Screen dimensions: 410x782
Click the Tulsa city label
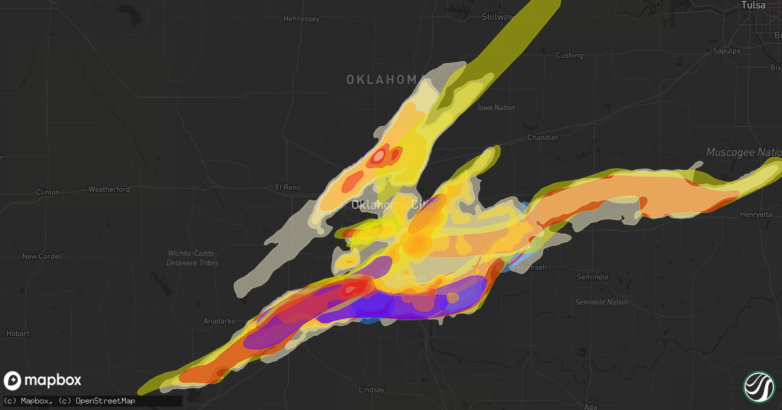tap(753, 5)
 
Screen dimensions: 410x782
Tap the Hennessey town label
tap(301, 19)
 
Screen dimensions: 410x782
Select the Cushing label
tap(569, 55)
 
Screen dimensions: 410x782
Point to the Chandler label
tap(543, 137)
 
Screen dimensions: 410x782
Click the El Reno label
tap(287, 187)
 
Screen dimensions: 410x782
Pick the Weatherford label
tap(109, 189)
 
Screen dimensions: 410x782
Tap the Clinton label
tap(48, 193)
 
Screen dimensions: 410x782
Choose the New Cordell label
tap(42, 256)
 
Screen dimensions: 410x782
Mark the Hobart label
tap(18, 333)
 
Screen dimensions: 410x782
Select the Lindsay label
tap(371, 390)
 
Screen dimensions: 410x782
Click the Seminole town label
tap(592, 277)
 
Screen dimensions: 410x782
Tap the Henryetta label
tap(756, 214)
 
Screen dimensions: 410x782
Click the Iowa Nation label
tap(496, 107)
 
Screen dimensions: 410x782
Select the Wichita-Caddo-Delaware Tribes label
tap(193, 258)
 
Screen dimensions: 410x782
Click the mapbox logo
tap(43, 381)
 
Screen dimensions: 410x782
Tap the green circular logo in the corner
tap(759, 386)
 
